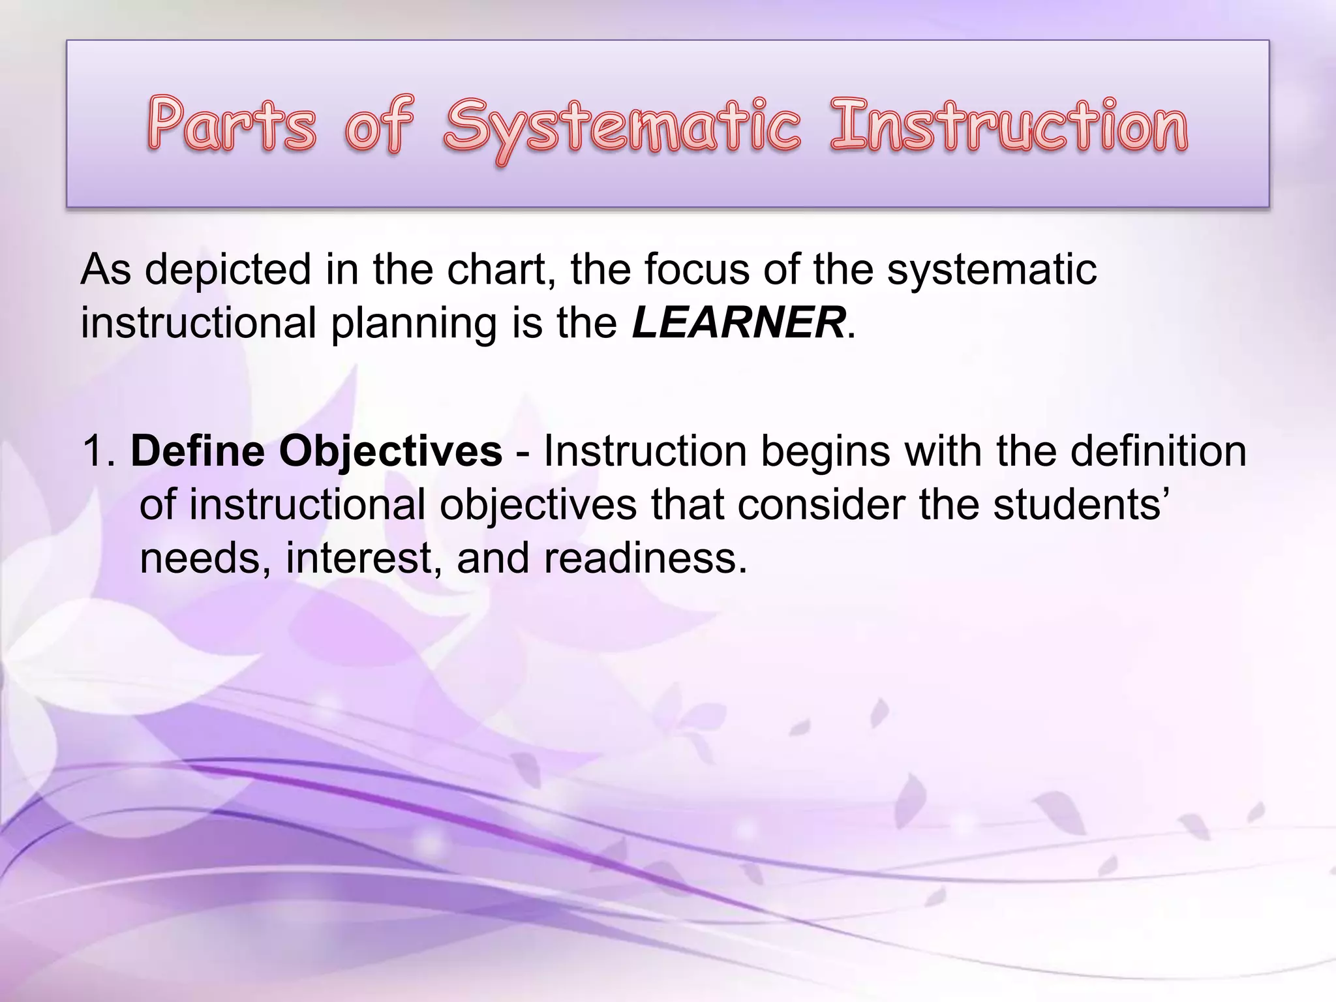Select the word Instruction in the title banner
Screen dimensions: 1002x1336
coord(1008,125)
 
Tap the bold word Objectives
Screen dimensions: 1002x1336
coord(391,452)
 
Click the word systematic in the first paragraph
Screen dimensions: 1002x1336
coord(991,269)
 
